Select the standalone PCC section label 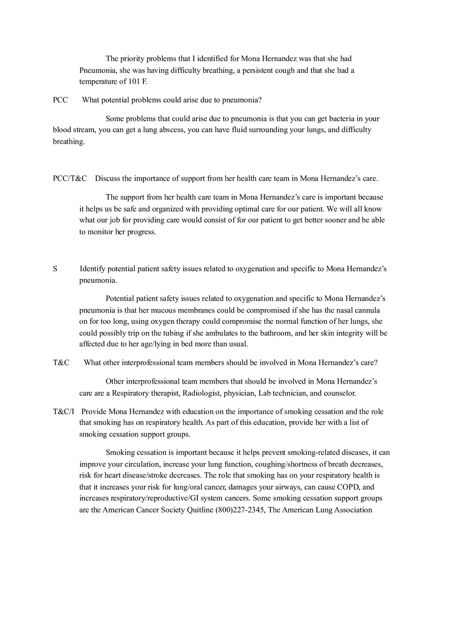[x=60, y=100]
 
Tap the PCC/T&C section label [x=70, y=179]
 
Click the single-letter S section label [x=55, y=269]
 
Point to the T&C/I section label [x=64, y=412]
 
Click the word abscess [x=170, y=130]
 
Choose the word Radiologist [x=201, y=393]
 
